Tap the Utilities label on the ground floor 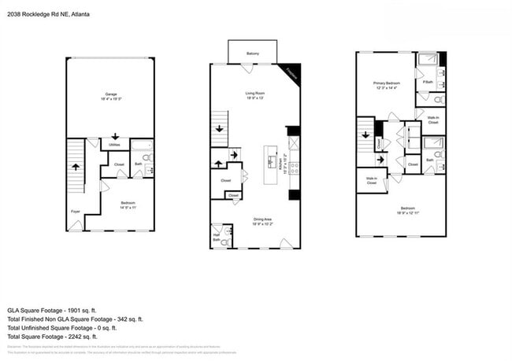115,146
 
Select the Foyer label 76,211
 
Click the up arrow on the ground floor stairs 76,167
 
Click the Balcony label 252,53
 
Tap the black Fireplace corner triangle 292,72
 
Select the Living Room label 254,95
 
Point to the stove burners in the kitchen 294,167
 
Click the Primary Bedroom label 387,84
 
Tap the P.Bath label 428,82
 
